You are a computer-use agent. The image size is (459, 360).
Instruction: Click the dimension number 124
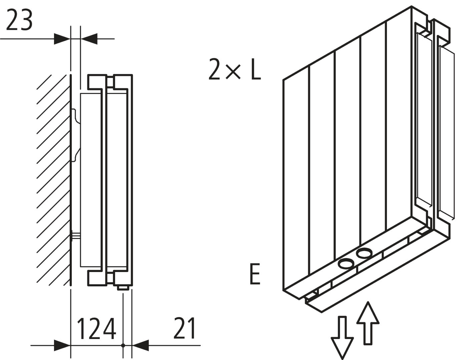96,329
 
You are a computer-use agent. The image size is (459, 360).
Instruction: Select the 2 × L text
235,69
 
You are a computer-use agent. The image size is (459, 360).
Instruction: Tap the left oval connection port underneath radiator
346,265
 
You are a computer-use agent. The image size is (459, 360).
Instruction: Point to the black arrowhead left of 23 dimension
62,39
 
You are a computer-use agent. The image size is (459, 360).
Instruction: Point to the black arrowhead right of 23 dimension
89,39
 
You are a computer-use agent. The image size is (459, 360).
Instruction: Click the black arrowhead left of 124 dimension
62,345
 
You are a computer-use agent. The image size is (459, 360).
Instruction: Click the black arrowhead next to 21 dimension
140,345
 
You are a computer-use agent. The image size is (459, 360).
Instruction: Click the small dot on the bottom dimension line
123,346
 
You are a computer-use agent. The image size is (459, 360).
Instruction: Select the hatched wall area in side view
53,180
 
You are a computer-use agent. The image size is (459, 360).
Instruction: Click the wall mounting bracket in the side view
76,133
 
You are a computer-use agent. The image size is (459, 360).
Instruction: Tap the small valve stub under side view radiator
123,288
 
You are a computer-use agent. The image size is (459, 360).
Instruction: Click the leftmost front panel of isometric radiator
296,173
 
